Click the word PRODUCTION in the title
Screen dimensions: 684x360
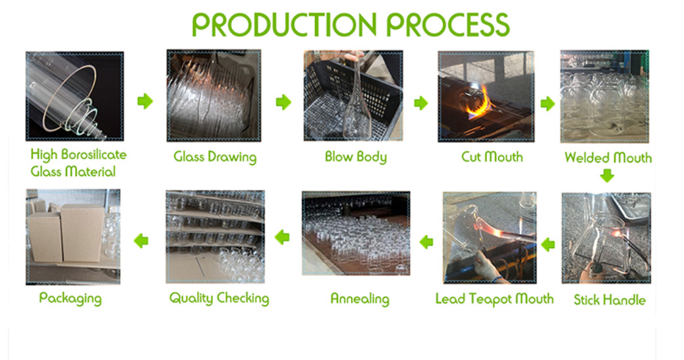pyautogui.click(x=284, y=24)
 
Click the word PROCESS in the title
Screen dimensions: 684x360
pyautogui.click(x=448, y=24)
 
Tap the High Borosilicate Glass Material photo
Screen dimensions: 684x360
pyautogui.click(x=74, y=96)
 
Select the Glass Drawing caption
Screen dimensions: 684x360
pyautogui.click(x=215, y=157)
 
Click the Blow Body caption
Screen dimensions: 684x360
pyautogui.click(x=356, y=157)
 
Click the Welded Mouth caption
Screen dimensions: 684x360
pyautogui.click(x=608, y=157)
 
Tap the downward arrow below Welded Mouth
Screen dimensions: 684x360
pyautogui.click(x=607, y=176)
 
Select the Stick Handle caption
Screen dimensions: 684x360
pyautogui.click(x=610, y=300)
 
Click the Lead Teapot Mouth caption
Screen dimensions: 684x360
pyautogui.click(x=494, y=299)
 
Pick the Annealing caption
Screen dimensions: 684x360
pyautogui.click(x=359, y=299)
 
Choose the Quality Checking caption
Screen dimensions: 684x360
pyautogui.click(x=219, y=299)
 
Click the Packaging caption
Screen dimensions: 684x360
pyautogui.click(x=71, y=299)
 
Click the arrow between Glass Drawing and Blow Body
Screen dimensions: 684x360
pyautogui.click(x=283, y=102)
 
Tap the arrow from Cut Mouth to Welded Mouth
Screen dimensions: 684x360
pyautogui.click(x=548, y=104)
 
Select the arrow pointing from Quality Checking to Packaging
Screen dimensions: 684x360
pyautogui.click(x=141, y=241)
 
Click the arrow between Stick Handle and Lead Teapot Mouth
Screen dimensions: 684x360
pyautogui.click(x=548, y=245)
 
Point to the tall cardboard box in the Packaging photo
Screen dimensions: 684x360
pyautogui.click(x=82, y=233)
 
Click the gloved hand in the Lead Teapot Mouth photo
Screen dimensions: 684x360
pyautogui.click(x=487, y=265)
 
